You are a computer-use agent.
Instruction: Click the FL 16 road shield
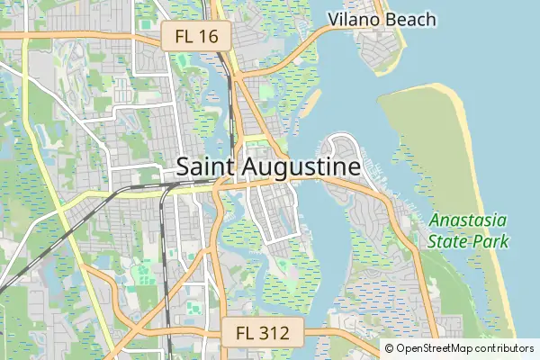(x=196, y=36)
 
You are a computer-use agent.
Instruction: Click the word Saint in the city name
(x=208, y=167)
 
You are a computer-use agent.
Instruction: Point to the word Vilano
(x=353, y=19)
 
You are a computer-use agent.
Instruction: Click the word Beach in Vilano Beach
(x=410, y=19)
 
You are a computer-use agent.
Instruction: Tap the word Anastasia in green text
(x=467, y=220)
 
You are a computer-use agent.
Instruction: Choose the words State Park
(x=468, y=241)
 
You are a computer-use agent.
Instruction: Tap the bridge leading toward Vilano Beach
(x=306, y=46)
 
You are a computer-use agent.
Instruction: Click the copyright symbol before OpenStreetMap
(x=390, y=348)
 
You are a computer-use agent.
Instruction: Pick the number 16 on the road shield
(x=210, y=36)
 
